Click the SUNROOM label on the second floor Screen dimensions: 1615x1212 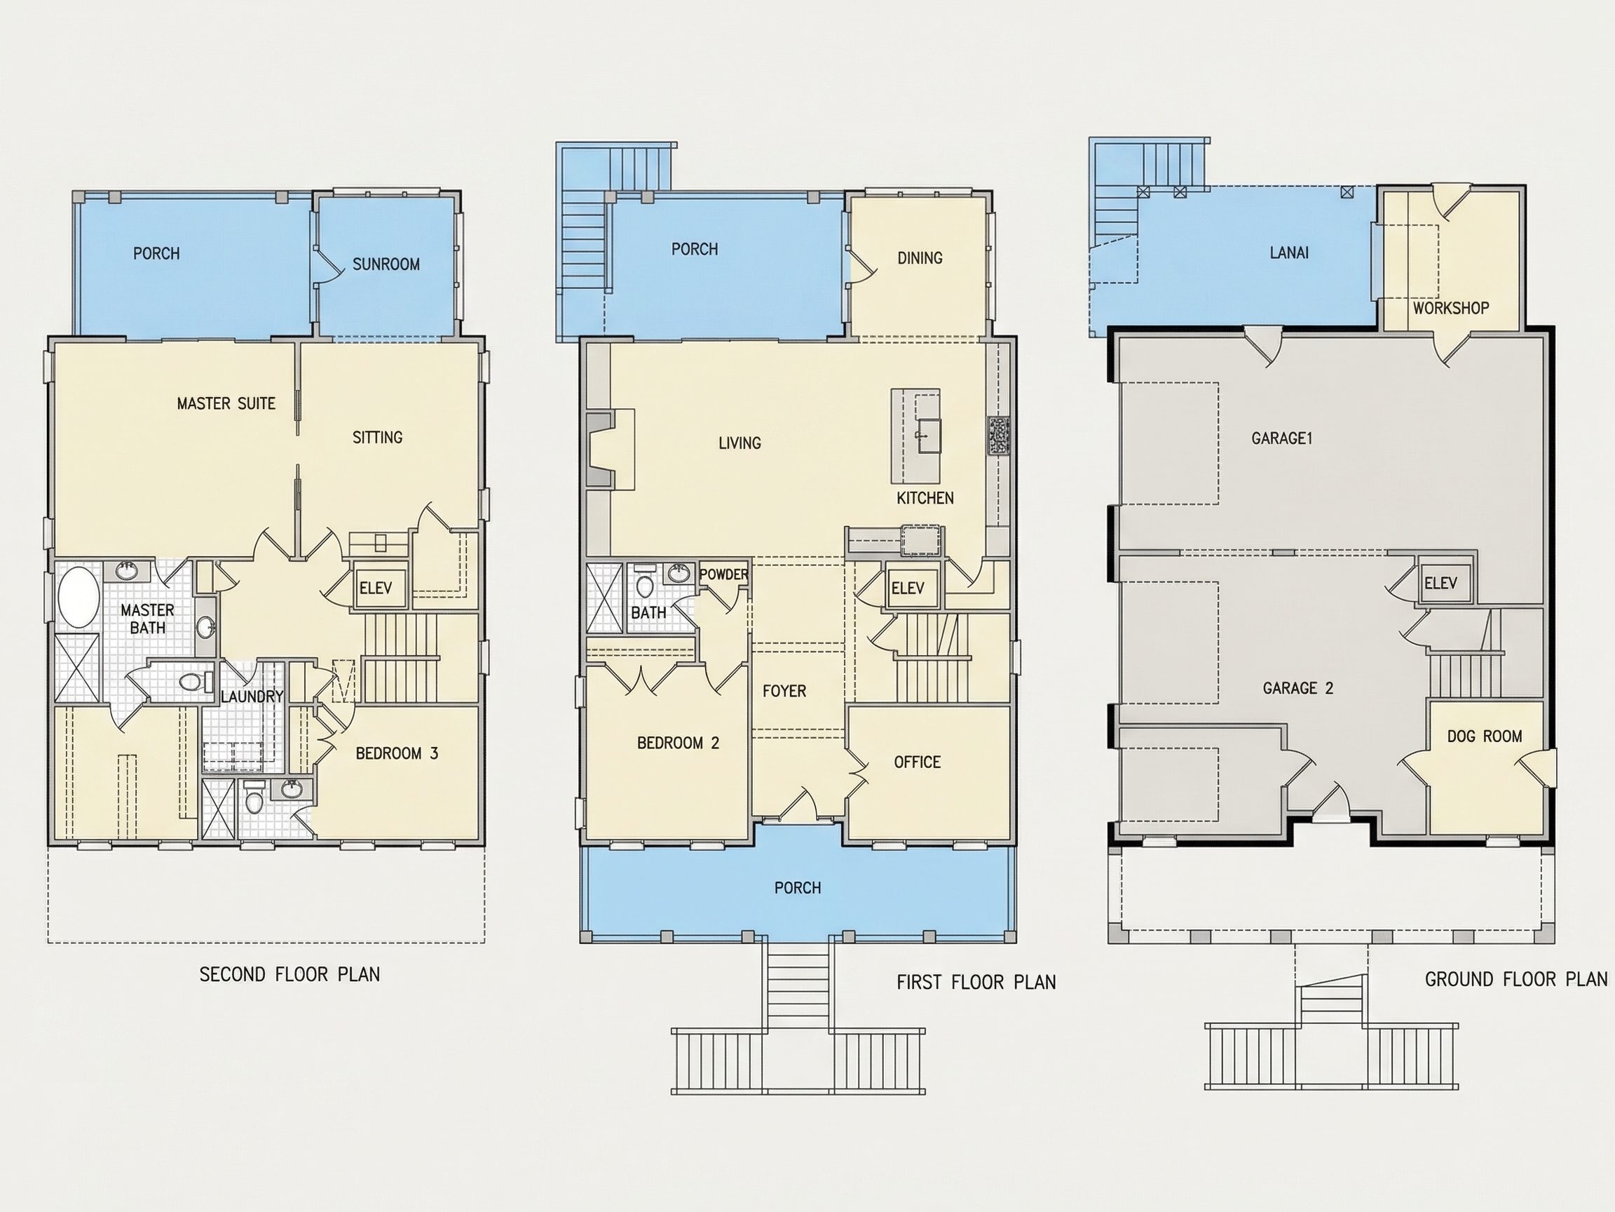[386, 264]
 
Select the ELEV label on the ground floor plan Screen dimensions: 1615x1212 [1440, 583]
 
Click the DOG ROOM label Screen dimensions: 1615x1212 [1485, 736]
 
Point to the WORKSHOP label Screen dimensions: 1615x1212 [1451, 309]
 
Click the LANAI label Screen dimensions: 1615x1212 [1289, 252]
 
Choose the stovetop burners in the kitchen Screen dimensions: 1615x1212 [999, 436]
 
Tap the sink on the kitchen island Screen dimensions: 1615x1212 [929, 436]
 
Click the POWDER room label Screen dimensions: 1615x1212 [723, 574]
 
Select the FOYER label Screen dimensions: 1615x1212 [784, 691]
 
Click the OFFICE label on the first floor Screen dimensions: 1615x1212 [917, 762]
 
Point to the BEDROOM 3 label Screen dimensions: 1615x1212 [397, 753]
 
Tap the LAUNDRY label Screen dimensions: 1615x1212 [252, 696]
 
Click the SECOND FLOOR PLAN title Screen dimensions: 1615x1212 [290, 974]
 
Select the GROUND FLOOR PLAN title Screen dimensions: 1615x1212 [1516, 979]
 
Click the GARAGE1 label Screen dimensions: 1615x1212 [1282, 438]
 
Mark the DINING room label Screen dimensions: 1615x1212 [920, 258]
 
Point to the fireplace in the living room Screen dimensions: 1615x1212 [610, 450]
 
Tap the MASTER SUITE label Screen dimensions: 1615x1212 [226, 403]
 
